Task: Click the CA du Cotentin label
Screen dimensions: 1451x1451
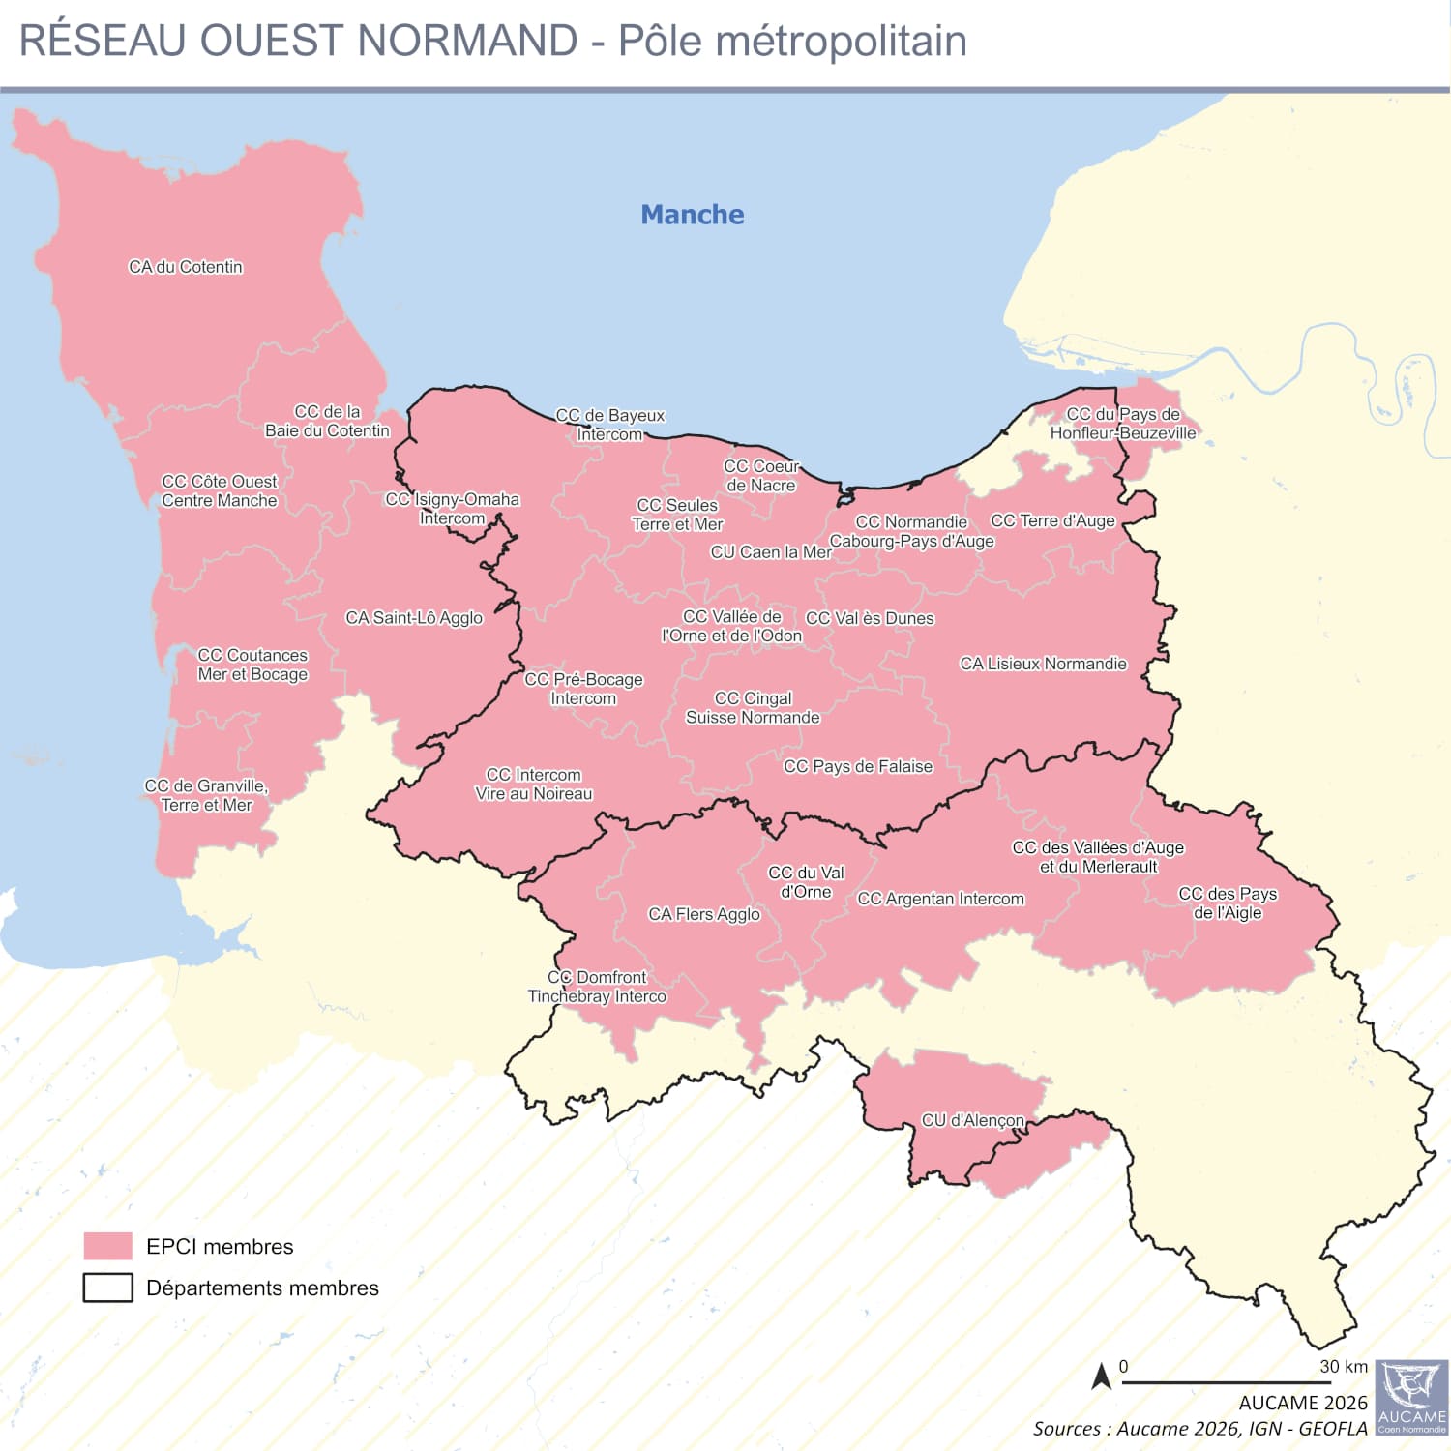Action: (x=186, y=267)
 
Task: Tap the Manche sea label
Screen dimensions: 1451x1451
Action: (x=693, y=215)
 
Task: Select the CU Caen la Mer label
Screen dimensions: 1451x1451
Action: (x=771, y=552)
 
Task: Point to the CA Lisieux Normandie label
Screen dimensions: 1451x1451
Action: (x=1043, y=664)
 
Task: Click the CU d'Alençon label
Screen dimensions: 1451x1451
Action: (x=972, y=1120)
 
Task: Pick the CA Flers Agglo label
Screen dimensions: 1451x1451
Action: (x=704, y=914)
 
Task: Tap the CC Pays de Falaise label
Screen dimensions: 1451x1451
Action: (x=858, y=766)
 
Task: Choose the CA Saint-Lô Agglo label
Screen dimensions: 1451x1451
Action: (x=414, y=617)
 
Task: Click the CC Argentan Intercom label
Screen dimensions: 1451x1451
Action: (x=940, y=899)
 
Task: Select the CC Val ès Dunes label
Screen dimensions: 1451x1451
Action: (x=870, y=618)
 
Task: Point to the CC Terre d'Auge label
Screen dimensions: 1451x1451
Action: (x=1052, y=520)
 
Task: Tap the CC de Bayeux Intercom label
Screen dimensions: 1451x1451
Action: (x=610, y=425)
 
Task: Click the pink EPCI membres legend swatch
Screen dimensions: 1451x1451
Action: (x=107, y=1246)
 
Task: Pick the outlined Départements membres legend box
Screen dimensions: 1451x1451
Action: (x=107, y=1288)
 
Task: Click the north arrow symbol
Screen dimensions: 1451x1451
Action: (x=1101, y=1376)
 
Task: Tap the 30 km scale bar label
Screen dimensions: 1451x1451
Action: (x=1344, y=1367)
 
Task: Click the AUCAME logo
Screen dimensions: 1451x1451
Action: (x=1411, y=1398)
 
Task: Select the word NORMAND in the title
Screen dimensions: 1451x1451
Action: (x=467, y=41)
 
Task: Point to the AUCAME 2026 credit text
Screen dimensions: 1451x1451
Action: (x=1303, y=1403)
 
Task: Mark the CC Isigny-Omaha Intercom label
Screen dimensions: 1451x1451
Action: (x=452, y=509)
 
